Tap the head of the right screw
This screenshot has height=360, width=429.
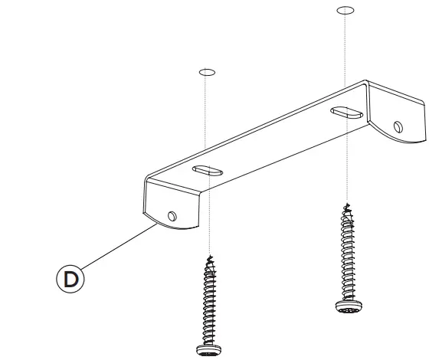coord(347,306)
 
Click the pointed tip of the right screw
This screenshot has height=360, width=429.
coord(347,205)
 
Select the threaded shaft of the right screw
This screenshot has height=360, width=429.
coord(347,253)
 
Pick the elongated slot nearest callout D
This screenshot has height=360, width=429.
coord(205,169)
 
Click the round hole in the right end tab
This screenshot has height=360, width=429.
coord(397,126)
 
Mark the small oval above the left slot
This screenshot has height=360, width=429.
coord(205,73)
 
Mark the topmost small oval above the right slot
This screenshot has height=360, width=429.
coord(345,11)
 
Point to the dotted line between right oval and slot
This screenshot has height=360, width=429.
coord(345,61)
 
